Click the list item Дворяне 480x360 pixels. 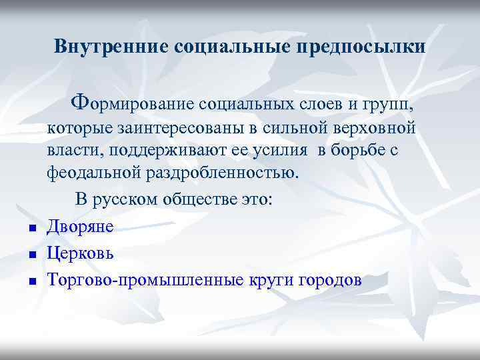81,227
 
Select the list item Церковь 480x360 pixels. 81,254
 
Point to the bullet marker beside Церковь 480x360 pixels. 31,255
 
